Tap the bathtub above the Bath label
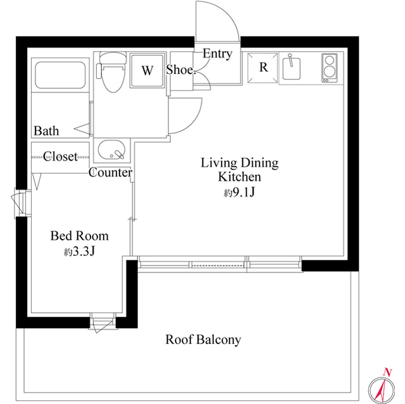point(60,75)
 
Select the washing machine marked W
point(147,70)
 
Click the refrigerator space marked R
point(263,68)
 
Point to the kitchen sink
point(291,68)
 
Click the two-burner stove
point(329,68)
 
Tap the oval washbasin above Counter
point(111,150)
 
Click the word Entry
point(217,54)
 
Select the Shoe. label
point(180,70)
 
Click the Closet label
point(60,156)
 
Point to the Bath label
point(46,131)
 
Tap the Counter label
point(110,173)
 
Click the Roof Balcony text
point(203,340)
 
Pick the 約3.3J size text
point(80,251)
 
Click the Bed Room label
point(79,236)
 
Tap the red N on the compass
point(387,372)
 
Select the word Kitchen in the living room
point(239,177)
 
